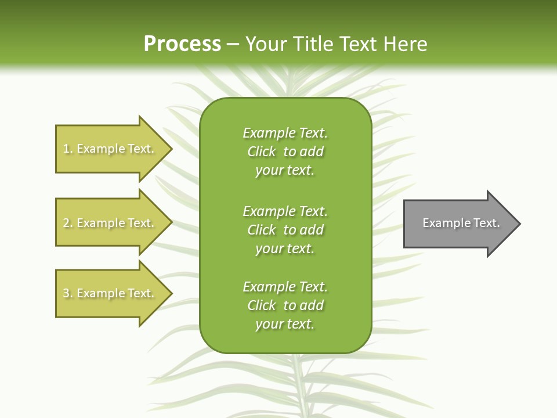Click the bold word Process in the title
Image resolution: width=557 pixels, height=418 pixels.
coord(182,44)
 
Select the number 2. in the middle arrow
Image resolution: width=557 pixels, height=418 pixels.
coord(67,223)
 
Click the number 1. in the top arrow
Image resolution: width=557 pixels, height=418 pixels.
coord(67,149)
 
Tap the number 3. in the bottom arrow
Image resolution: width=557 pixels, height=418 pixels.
coord(67,293)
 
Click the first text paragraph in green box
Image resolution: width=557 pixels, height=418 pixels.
coord(285,152)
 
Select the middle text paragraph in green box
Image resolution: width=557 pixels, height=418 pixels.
coord(285,230)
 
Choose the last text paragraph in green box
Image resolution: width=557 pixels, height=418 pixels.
coord(285,305)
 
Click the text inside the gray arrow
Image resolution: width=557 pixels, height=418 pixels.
coord(461,223)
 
